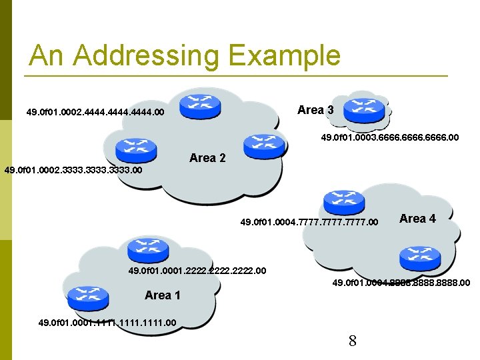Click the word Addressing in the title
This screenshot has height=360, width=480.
(x=146, y=56)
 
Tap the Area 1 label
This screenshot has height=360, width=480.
(x=163, y=295)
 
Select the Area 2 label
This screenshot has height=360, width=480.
(x=207, y=158)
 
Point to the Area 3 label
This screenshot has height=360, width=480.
(x=315, y=110)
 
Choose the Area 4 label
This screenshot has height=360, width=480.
(x=417, y=219)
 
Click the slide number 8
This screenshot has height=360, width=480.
(x=353, y=341)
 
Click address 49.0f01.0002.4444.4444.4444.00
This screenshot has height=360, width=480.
(x=95, y=113)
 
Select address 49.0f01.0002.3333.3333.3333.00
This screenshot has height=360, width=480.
(x=73, y=171)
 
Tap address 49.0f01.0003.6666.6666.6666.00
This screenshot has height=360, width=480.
(x=390, y=138)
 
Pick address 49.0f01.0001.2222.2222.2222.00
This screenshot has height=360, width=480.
(x=197, y=271)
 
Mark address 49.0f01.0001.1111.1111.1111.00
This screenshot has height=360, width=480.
(x=107, y=323)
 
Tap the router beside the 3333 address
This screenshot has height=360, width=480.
(x=135, y=150)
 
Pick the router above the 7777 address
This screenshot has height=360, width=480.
(x=343, y=202)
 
